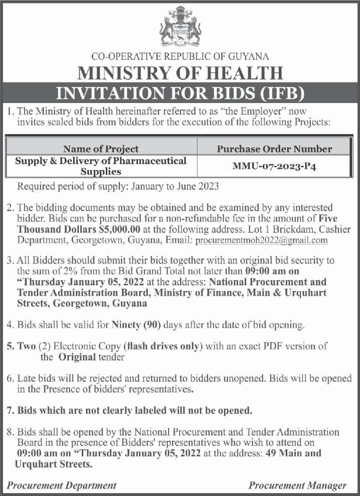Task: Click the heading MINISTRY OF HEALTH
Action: (180, 73)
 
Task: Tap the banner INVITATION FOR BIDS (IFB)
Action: (180, 92)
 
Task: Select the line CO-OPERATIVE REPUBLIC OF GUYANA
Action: (180, 57)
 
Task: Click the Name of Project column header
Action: (101, 148)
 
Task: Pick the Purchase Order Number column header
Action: (274, 148)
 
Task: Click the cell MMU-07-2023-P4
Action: (274, 166)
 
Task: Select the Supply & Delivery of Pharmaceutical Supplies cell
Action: (101, 166)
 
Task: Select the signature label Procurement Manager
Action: (298, 485)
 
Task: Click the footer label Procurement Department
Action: (62, 485)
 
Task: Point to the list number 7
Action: (10, 410)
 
